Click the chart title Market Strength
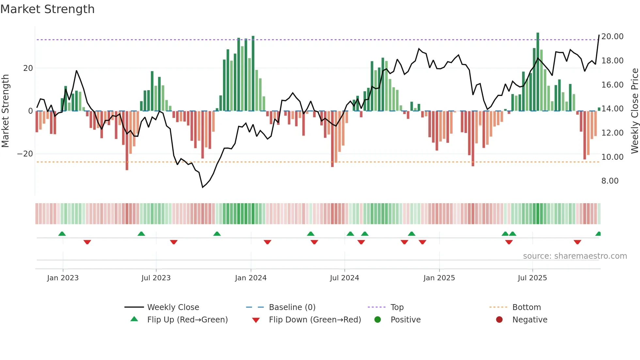47,9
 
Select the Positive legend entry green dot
378,319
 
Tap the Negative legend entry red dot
499,319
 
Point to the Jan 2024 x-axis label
251,278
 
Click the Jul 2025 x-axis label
532,278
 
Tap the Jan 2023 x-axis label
63,278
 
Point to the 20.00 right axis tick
612,36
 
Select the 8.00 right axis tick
610,181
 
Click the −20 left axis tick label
25,154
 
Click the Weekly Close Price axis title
634,110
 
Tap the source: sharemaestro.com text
575,256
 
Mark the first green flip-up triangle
62,234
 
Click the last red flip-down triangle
577,242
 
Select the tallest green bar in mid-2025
538,72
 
